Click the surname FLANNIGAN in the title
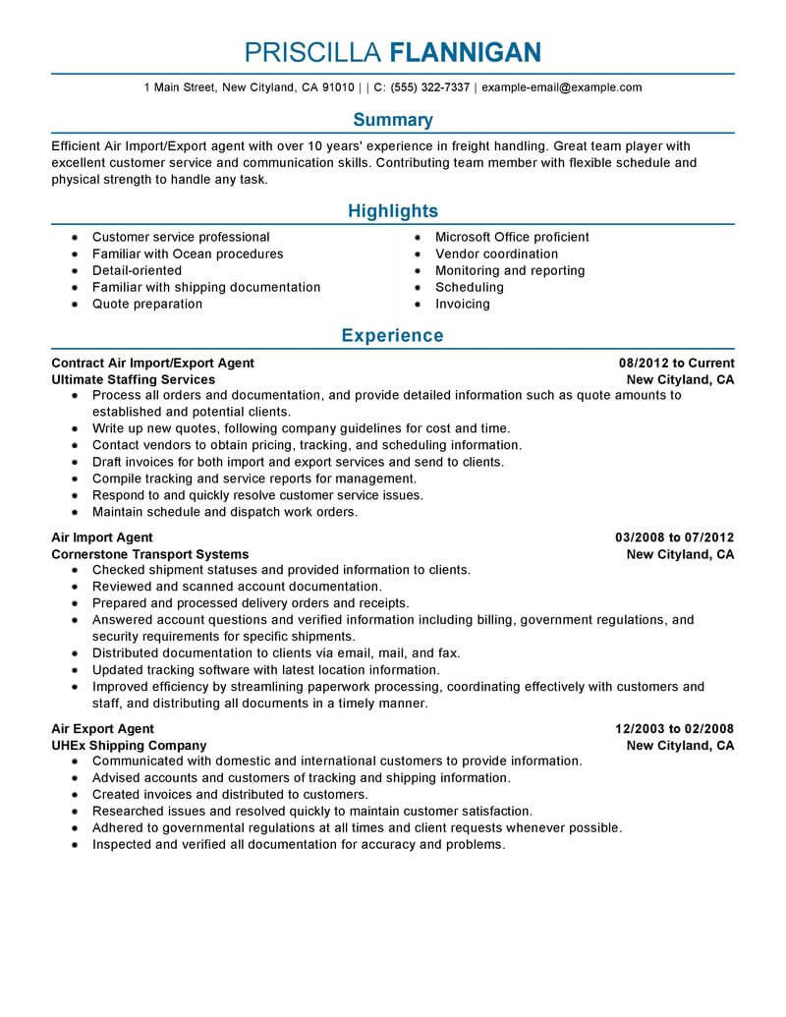coord(465,51)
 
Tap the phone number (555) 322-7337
coord(429,87)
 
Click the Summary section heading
coord(393,120)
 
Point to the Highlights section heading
coord(393,211)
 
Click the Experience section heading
coord(393,336)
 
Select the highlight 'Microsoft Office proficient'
coord(512,237)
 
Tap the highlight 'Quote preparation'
coord(147,304)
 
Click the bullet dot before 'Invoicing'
coord(417,305)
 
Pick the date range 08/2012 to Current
coord(677,363)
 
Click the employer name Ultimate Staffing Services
coord(133,379)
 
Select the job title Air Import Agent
coord(102,537)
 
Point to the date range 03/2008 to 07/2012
coord(675,537)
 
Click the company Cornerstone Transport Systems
coord(149,554)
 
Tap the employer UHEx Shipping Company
coord(129,746)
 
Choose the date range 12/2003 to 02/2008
coord(675,729)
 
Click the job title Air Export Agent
coord(102,729)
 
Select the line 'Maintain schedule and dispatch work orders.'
coord(225,512)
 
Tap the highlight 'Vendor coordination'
coord(496,254)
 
